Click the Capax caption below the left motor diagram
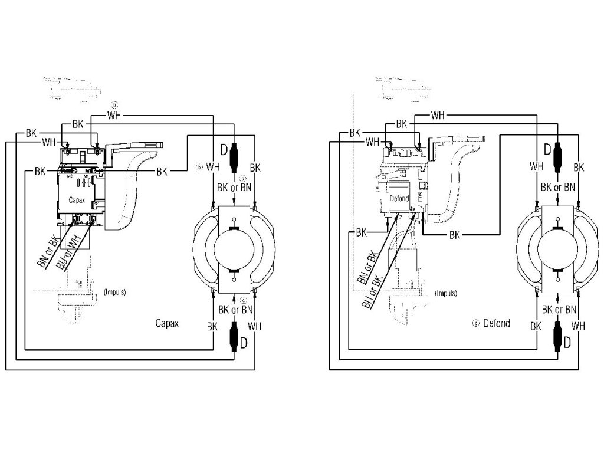(x=167, y=323)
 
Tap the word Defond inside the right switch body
(x=399, y=199)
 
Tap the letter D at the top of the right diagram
(x=547, y=149)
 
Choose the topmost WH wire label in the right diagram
(x=438, y=114)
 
